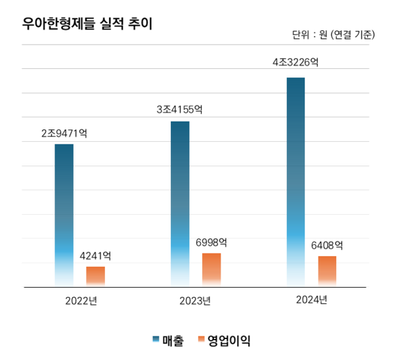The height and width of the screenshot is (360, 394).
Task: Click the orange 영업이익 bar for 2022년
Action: click(95, 276)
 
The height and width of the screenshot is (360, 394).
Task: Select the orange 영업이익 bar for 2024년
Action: click(327, 271)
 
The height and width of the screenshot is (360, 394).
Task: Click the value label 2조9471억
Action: click(64, 133)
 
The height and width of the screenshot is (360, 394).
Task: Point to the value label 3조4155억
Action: click(179, 110)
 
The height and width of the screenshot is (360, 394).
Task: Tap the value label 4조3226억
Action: click(295, 63)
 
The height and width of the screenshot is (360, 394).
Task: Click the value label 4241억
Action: click(95, 256)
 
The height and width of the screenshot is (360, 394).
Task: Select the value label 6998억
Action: click(211, 242)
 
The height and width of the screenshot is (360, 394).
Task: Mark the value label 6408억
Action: click(327, 246)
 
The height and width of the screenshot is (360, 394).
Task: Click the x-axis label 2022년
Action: click(81, 302)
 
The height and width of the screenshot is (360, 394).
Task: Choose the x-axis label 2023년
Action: click(196, 302)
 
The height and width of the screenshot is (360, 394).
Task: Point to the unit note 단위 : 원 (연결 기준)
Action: click(333, 35)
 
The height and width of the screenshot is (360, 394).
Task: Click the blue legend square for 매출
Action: click(156, 340)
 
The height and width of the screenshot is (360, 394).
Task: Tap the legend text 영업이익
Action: click(229, 340)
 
